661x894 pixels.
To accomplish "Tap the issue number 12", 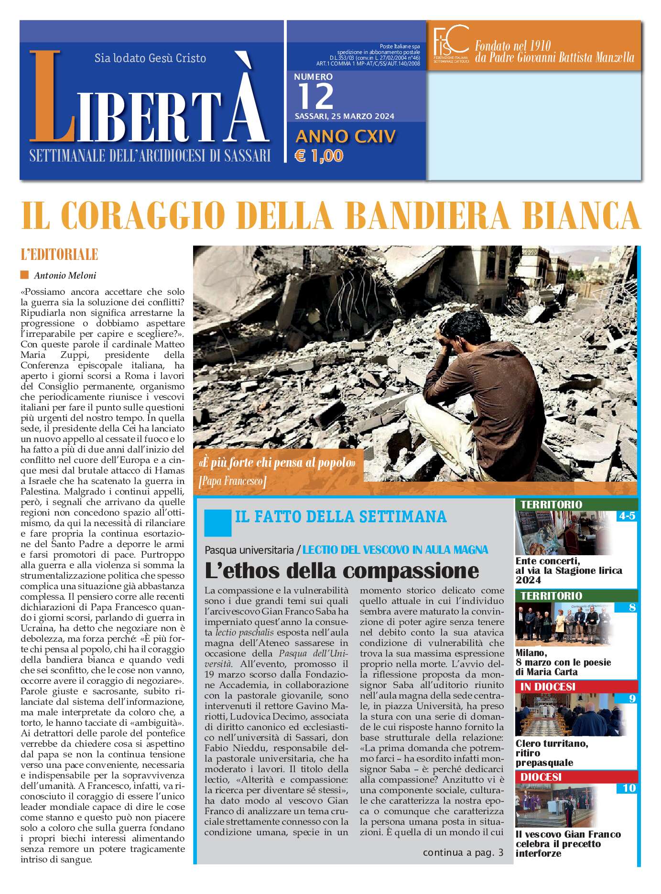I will [x=315, y=96].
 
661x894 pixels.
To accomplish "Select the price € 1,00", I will [x=319, y=156].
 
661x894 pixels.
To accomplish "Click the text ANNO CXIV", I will [x=346, y=137].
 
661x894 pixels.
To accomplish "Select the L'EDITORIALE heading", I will [x=59, y=255].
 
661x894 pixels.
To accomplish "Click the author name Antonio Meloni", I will [x=65, y=275].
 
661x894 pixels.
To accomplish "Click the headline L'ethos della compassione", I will [x=342, y=571].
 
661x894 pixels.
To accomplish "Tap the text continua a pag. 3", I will [x=463, y=852].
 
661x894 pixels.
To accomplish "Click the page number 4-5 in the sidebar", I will [x=626, y=516].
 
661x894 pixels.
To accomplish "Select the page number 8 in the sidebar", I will [x=632, y=608].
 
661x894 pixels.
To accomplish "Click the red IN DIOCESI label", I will [x=548, y=687].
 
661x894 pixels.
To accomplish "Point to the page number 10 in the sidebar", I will [x=629, y=788].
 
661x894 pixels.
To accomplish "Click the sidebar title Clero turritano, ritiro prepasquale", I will [x=552, y=753].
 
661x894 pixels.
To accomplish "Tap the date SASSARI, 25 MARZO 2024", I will [x=344, y=116].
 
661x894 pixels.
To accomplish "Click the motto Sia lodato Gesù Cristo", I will [x=150, y=58].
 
